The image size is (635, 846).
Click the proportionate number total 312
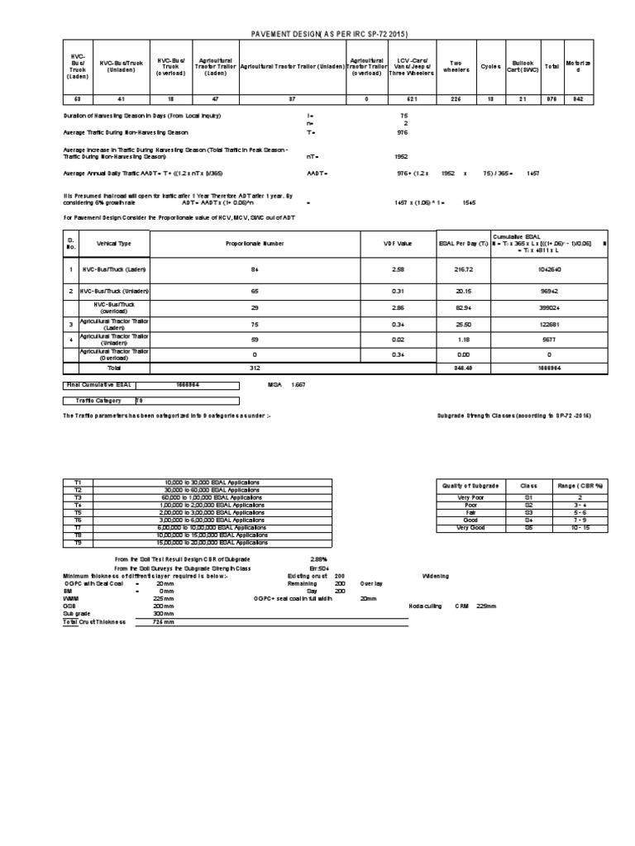point(255,368)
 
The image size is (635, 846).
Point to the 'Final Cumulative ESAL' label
point(98,384)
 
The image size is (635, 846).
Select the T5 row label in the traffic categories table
point(79,512)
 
